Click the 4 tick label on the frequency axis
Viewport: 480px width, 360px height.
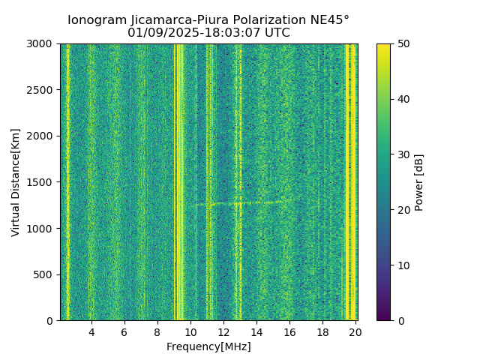tap(91, 332)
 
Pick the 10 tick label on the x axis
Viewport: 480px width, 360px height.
tap(190, 332)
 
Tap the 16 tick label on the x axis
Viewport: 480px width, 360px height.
tap(289, 332)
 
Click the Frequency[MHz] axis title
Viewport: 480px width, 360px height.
tap(208, 346)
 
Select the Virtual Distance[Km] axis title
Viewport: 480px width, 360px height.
tap(16, 182)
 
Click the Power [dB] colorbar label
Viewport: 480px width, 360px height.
tap(419, 182)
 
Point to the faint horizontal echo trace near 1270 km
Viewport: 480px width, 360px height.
tap(240, 202)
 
